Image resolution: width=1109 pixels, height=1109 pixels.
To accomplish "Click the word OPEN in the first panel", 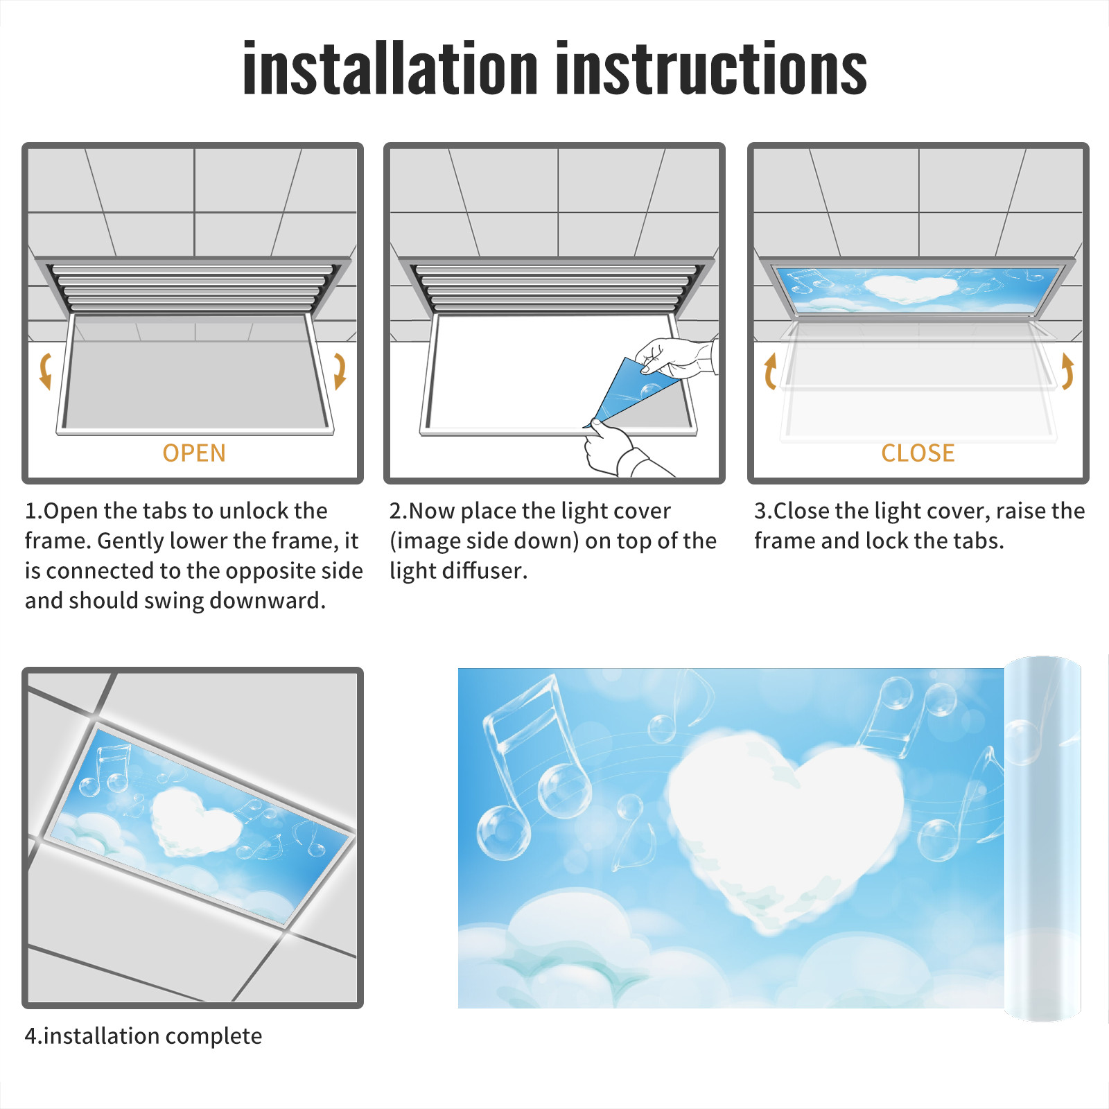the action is (194, 453).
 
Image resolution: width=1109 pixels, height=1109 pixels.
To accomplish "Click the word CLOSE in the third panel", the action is (918, 453).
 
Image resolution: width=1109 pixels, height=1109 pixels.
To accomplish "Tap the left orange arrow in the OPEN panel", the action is (46, 371).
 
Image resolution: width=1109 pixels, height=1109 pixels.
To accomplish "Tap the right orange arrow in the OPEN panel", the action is (340, 371).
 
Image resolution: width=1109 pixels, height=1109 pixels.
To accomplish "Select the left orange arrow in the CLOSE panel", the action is (769, 371).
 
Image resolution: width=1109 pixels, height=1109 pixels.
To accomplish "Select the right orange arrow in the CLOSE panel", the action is (1067, 371).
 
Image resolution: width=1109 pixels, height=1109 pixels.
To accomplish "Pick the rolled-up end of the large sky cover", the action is (1042, 839).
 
